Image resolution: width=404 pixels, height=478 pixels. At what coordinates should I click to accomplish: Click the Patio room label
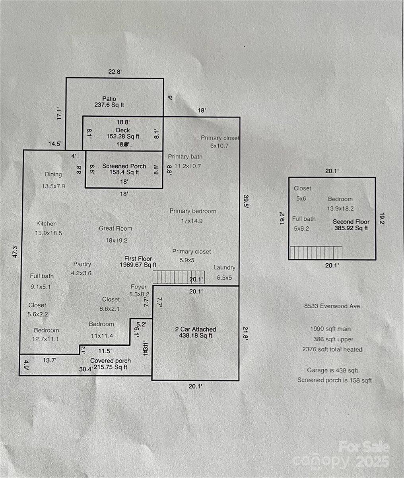[x=109, y=98]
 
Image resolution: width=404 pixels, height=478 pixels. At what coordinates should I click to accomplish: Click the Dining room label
[x=53, y=174]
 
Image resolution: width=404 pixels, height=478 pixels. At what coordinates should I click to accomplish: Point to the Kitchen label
[x=47, y=224]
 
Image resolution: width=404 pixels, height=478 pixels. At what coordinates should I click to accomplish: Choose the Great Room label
[x=115, y=229]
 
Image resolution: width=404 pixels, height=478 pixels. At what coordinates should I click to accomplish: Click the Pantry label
[x=82, y=264]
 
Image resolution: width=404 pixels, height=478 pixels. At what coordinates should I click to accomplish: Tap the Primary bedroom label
[x=192, y=211]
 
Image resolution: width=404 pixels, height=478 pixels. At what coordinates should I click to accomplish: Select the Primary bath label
[x=185, y=157]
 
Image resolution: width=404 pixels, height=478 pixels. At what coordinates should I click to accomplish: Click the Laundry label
[x=224, y=268]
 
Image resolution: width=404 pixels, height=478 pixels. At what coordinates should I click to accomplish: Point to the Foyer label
[x=138, y=287]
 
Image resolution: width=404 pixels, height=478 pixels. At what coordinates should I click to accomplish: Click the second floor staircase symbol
[x=316, y=253]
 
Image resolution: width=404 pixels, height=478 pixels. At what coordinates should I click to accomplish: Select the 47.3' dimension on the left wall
[x=15, y=252]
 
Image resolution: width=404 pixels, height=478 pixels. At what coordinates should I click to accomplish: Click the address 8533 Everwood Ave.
[x=333, y=306]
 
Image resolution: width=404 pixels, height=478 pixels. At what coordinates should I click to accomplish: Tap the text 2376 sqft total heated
[x=332, y=349]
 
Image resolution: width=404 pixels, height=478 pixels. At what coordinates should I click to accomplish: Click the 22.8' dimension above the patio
[x=115, y=72]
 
